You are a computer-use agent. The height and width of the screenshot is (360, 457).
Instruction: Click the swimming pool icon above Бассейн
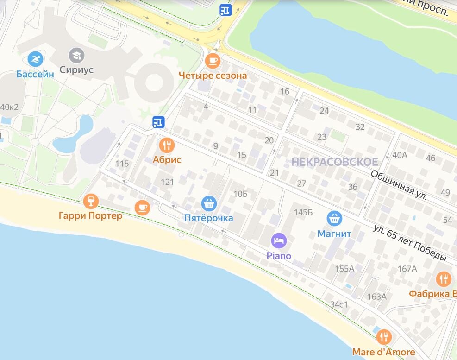point(35,59)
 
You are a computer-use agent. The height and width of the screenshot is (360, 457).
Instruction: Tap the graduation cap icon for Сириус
point(76,56)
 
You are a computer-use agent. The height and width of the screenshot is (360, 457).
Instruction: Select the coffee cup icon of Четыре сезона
point(213,61)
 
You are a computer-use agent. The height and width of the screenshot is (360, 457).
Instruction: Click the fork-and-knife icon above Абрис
point(167,146)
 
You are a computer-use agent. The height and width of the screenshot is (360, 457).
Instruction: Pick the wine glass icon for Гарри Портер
point(91,201)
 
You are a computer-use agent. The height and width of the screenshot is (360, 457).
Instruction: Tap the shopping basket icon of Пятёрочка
point(209,203)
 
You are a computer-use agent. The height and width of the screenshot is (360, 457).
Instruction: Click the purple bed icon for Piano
point(279,240)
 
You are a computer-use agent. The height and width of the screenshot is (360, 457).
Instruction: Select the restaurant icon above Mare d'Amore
point(383,337)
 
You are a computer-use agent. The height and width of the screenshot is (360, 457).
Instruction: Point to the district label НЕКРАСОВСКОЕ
point(335,162)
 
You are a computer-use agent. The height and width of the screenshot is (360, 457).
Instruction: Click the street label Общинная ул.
point(399,184)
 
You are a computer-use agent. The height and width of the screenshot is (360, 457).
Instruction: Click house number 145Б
point(304,213)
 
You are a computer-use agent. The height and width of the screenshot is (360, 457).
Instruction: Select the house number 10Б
point(241,194)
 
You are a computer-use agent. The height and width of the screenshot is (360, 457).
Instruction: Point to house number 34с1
point(339,304)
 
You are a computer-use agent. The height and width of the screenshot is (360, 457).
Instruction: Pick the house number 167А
point(407,269)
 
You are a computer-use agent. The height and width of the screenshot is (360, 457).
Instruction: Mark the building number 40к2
point(9,107)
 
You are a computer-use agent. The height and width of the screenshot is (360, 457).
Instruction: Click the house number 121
point(167,182)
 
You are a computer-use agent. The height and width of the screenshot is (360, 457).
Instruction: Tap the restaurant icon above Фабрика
point(444,279)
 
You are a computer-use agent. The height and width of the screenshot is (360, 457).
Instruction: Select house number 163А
point(376,297)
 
